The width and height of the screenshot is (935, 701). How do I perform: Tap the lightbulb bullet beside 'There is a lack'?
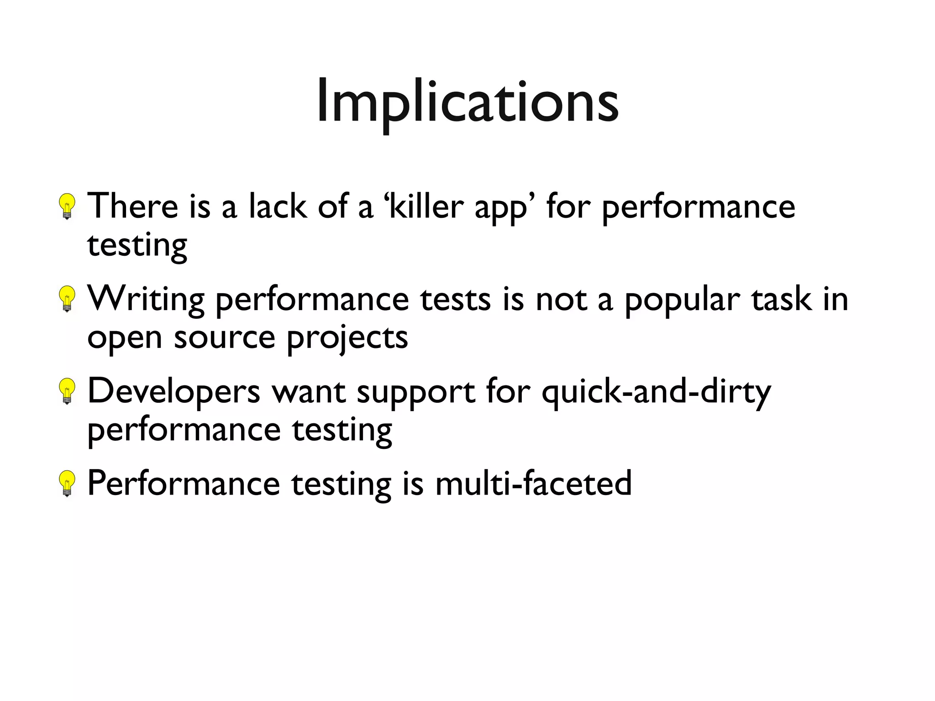[67, 206]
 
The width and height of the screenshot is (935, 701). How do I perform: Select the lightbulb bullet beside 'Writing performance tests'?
[67, 299]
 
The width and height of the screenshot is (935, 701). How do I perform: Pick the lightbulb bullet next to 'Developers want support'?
[67, 391]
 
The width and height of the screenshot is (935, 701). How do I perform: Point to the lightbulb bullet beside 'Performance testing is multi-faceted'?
[67, 484]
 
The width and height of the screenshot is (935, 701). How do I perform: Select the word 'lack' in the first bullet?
[278, 206]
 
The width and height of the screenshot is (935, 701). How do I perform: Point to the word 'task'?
[782, 299]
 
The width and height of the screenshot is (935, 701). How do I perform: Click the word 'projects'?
[347, 339]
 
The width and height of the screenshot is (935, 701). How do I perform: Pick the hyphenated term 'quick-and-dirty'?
[656, 392]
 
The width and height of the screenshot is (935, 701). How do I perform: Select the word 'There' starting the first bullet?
[132, 206]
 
